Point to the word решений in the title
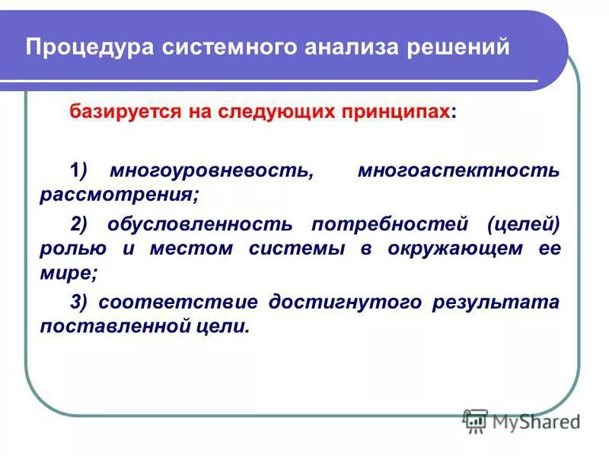(x=459, y=48)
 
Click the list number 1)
(x=79, y=169)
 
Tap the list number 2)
(x=79, y=224)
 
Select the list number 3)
(x=79, y=302)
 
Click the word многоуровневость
(x=210, y=169)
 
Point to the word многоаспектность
(x=458, y=169)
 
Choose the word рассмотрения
(x=119, y=194)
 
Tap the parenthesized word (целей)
(x=524, y=224)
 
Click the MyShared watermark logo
(x=521, y=420)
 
